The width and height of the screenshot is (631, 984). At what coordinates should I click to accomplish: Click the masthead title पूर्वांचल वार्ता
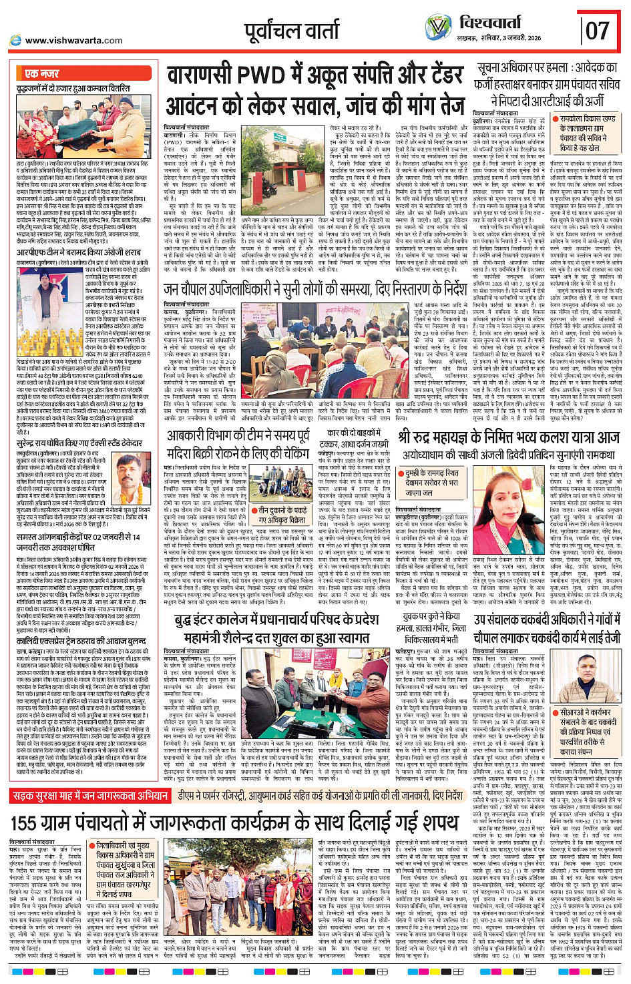coord(292,31)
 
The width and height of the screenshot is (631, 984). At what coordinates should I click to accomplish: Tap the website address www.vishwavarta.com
coord(73,41)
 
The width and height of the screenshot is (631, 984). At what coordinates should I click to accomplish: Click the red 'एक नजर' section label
coord(41,73)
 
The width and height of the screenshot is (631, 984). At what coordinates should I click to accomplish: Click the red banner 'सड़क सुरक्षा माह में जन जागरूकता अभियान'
coord(90,796)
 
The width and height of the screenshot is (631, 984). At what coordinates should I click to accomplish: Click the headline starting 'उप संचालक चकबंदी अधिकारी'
coord(547,628)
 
